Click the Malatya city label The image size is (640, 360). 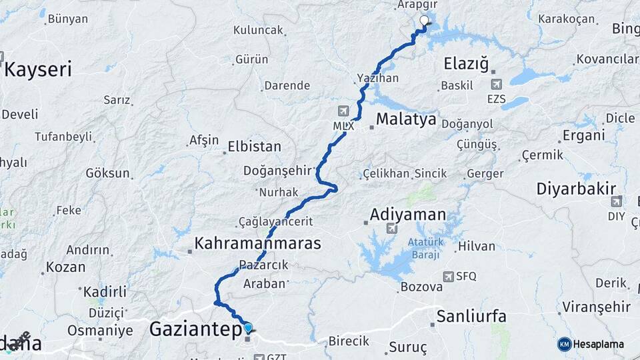(406, 120)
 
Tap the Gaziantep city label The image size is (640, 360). (193, 329)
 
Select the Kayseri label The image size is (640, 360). (39, 70)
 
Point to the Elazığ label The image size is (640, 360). (467, 64)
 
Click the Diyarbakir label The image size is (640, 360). (576, 189)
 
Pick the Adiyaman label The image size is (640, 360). (407, 215)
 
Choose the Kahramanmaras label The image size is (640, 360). (257, 243)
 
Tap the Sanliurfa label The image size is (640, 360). (471, 316)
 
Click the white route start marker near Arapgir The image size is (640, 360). (424, 21)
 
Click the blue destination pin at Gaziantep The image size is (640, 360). (249, 327)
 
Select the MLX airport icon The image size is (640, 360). (343, 111)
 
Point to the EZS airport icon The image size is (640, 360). (496, 85)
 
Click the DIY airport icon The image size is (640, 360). (616, 201)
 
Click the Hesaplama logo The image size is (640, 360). (591, 344)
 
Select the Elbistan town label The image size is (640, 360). (254, 147)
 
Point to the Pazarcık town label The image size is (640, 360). (267, 265)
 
